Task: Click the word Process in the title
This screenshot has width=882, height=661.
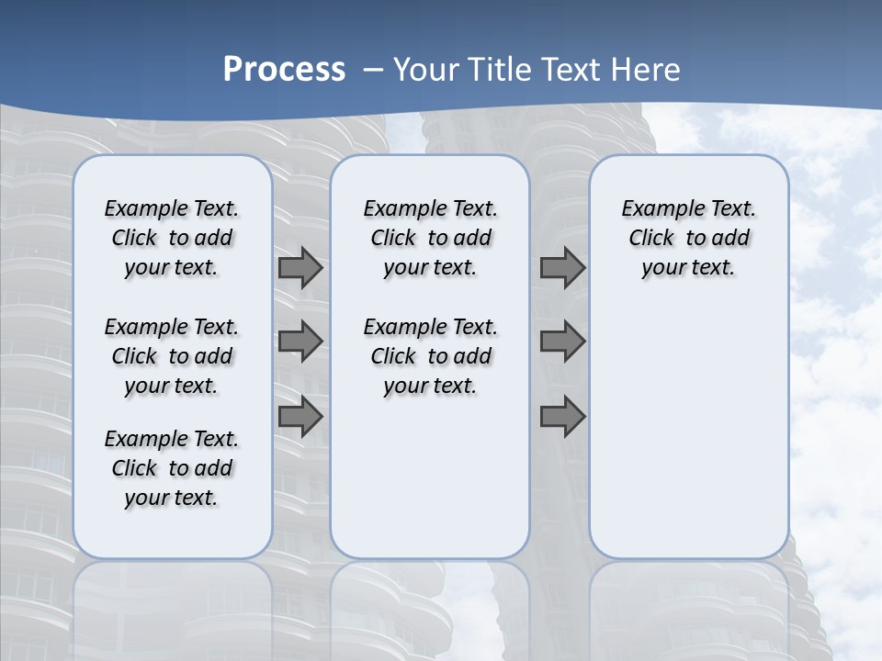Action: (x=284, y=70)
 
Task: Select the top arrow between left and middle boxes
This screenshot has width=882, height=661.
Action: (x=300, y=268)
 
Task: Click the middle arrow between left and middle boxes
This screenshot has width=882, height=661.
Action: (x=300, y=342)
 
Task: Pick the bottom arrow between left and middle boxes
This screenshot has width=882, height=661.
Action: (x=300, y=417)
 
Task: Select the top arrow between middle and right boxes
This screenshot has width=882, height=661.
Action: (x=562, y=268)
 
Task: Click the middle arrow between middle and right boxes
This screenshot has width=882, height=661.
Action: (x=562, y=342)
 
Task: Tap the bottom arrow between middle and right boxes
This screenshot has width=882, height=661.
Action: (x=562, y=417)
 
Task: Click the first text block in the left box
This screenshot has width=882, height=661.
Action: (x=171, y=239)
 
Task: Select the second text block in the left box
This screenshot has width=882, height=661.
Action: (x=171, y=356)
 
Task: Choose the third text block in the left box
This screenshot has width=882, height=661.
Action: (x=171, y=468)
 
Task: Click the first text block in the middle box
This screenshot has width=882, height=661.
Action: (x=430, y=239)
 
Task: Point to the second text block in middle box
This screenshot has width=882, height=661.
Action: (x=430, y=356)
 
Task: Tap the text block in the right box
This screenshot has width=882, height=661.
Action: (x=688, y=239)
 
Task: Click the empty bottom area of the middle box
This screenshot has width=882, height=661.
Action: (x=430, y=487)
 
